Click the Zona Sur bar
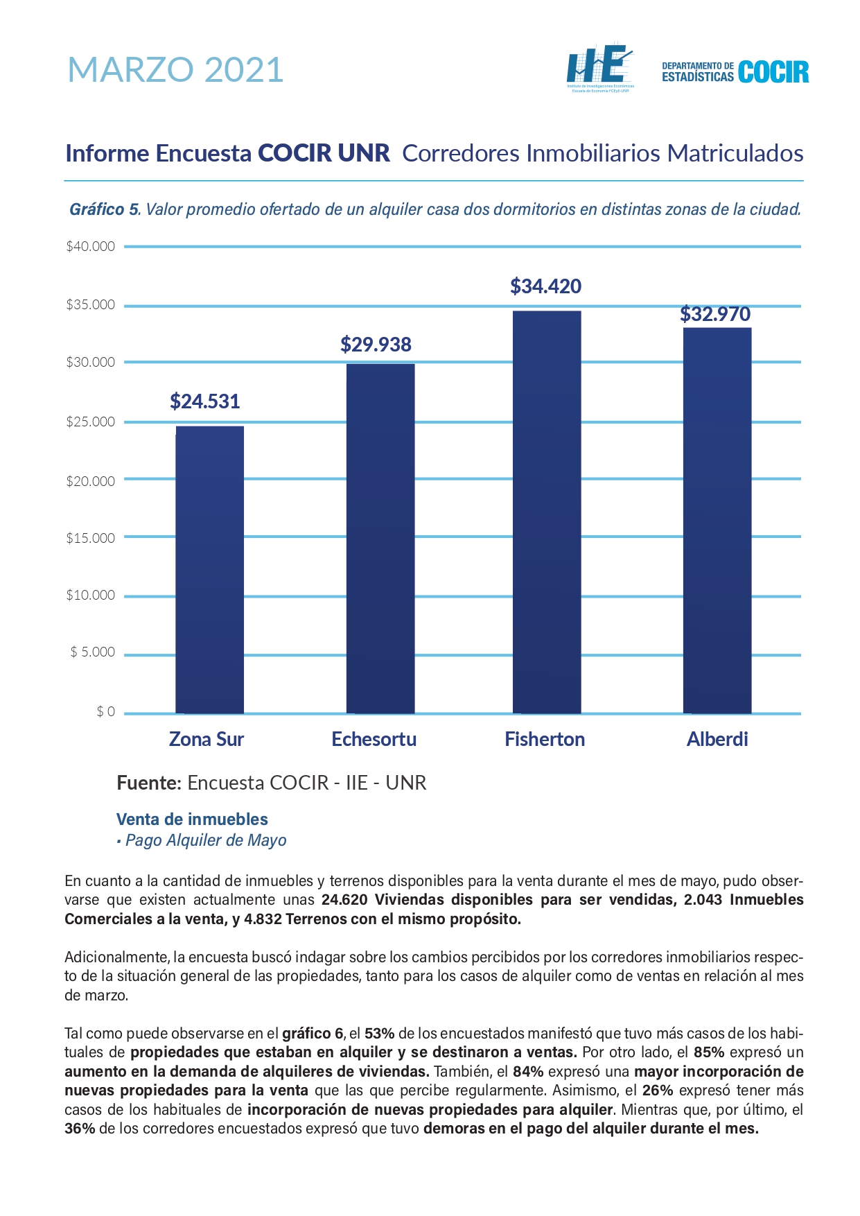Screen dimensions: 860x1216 (209, 570)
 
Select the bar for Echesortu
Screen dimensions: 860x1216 (380, 539)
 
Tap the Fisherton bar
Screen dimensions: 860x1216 (547, 512)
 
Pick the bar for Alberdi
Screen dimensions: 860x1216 (717, 521)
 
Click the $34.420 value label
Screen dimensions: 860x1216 (546, 286)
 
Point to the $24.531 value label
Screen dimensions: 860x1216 (205, 401)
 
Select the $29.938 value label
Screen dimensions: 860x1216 (376, 345)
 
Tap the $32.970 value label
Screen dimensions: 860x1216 (715, 314)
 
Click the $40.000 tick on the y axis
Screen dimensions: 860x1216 (90, 246)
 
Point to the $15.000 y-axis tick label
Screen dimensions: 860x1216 (90, 538)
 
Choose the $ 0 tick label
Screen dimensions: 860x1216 (106, 712)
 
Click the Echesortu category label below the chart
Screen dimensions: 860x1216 (374, 739)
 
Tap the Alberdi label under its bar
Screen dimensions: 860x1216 (717, 739)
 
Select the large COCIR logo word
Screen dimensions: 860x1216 (773, 72)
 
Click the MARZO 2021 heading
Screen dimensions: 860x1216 (176, 69)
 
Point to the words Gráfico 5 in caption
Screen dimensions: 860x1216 (104, 209)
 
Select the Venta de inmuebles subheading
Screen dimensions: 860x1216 (192, 819)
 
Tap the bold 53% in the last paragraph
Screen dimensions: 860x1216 (380, 1034)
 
